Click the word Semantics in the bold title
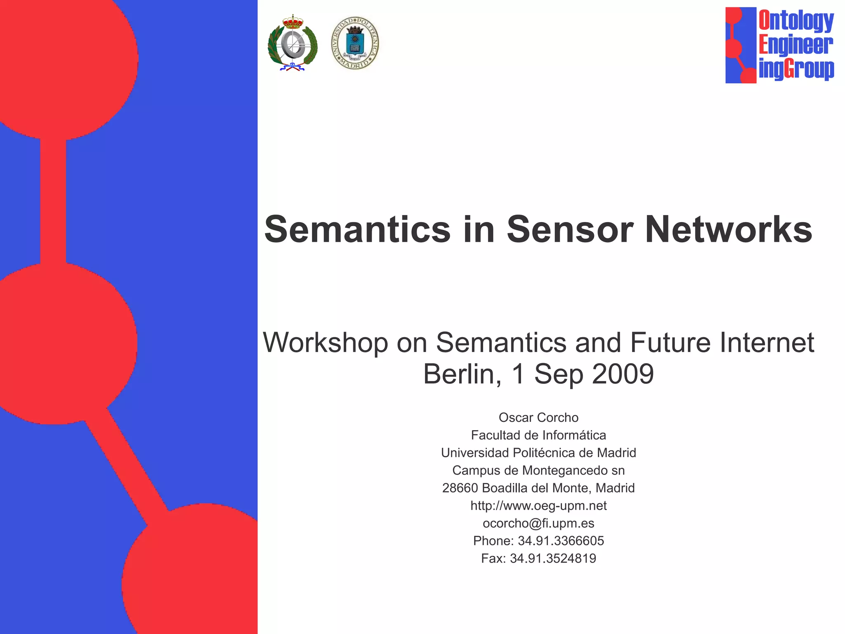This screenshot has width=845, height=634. [x=357, y=229]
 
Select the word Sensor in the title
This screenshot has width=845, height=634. [x=570, y=229]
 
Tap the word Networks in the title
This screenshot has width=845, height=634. [x=729, y=229]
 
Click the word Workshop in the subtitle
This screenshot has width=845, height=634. [x=326, y=343]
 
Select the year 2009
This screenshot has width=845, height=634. [x=623, y=374]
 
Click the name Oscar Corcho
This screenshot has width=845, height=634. [x=538, y=418]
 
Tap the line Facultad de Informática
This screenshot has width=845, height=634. [x=538, y=435]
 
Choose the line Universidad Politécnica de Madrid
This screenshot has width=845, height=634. [x=538, y=453]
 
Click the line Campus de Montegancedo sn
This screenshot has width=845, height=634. [x=538, y=471]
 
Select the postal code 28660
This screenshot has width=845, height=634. [x=460, y=488]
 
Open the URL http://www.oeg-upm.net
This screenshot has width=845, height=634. [x=538, y=506]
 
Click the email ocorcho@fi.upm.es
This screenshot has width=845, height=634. [x=538, y=524]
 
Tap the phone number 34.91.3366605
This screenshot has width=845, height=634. [x=561, y=541]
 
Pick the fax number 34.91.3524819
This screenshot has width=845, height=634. [x=553, y=559]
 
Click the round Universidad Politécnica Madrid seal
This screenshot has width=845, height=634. [x=355, y=43]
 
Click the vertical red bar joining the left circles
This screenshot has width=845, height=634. [x=53, y=201]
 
